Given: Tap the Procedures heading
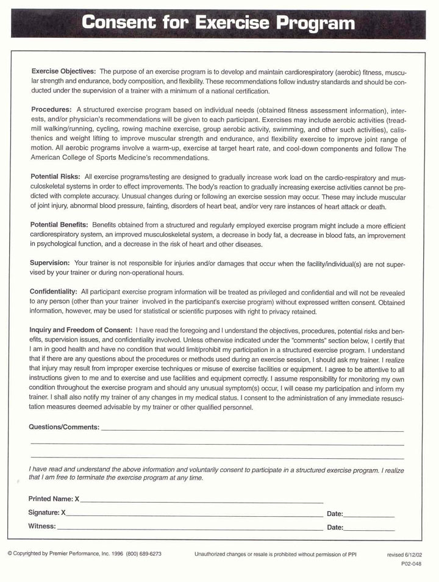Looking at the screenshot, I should (51, 109).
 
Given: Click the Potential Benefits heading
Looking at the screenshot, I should (59, 225).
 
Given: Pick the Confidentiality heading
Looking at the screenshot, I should (54, 292).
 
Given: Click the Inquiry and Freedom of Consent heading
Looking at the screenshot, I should (82, 329).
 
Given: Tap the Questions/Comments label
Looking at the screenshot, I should (64, 427).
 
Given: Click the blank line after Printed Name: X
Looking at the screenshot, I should (201, 500).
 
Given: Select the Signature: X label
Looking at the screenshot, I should (47, 512).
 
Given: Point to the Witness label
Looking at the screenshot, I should (42, 526).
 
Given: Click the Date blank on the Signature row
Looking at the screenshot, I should (369, 515).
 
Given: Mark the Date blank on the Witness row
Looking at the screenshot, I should (369, 528).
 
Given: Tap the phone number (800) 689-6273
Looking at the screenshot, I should (143, 554).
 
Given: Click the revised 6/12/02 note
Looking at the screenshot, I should (404, 555).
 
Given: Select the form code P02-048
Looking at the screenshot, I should (411, 564).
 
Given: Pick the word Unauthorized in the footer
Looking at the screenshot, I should (211, 555).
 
